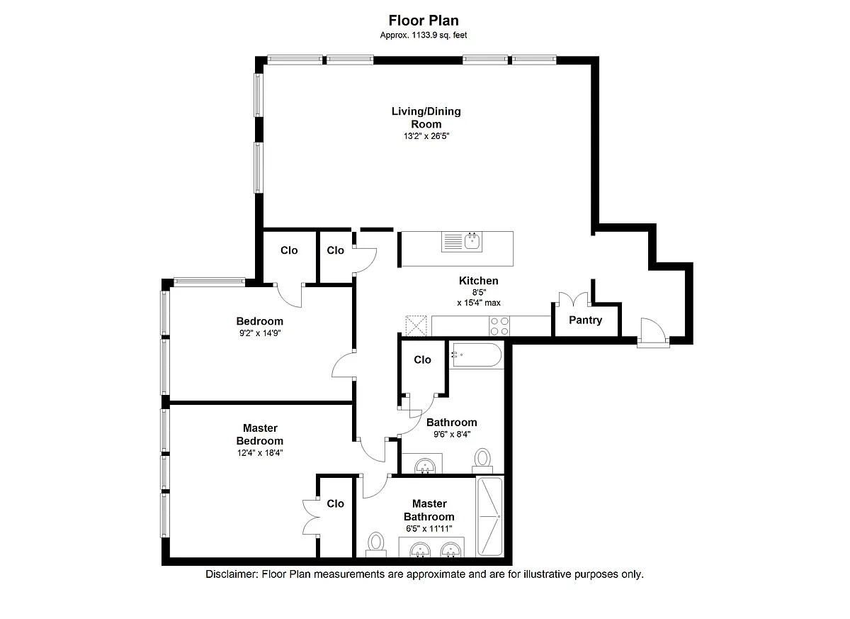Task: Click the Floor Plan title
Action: point(424,20)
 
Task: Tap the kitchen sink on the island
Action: point(462,242)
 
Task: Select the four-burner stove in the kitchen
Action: point(499,326)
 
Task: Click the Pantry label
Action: point(585,320)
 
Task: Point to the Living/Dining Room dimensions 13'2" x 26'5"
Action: point(426,136)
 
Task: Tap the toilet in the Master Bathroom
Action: point(376,544)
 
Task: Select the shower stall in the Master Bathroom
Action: point(490,516)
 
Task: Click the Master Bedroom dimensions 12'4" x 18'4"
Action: point(260,452)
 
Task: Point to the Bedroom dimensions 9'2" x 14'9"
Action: point(260,333)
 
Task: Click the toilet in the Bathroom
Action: point(482,461)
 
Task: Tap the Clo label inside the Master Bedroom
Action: point(336,503)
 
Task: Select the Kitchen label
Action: point(479,281)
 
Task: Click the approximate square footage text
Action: point(424,35)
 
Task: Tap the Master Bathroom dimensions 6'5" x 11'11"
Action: point(429,528)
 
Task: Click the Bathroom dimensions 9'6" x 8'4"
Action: point(452,434)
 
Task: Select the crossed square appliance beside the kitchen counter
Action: point(416,326)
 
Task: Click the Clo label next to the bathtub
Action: point(422,359)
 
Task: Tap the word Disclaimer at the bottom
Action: point(232,574)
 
